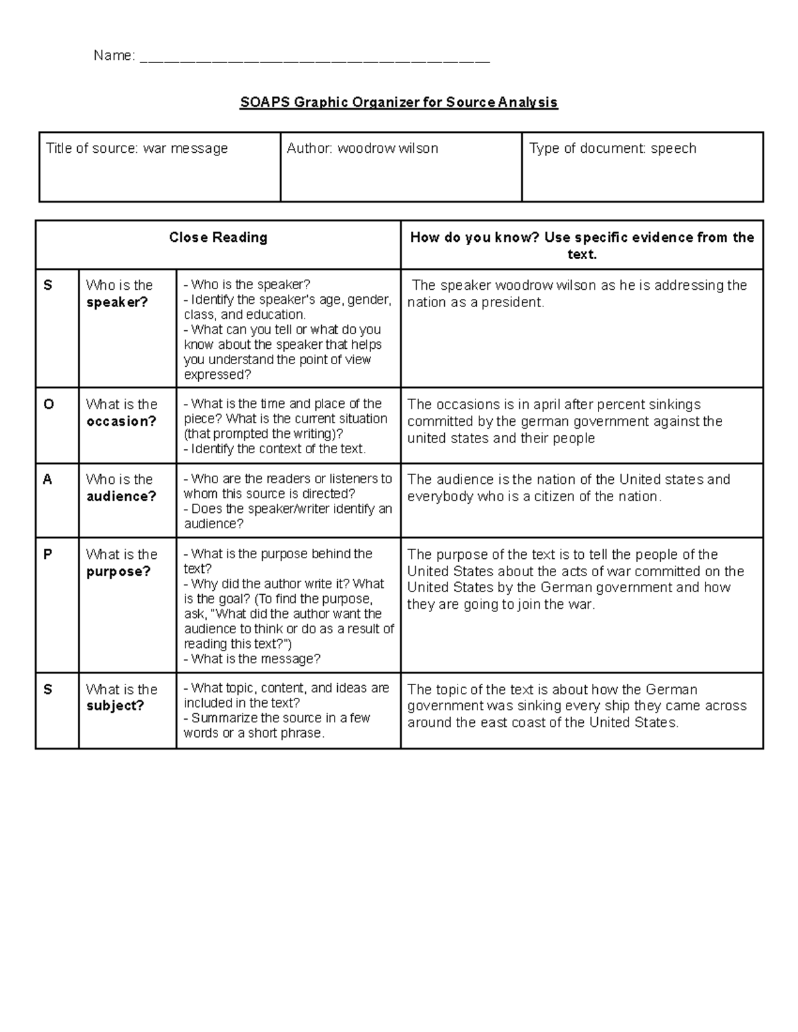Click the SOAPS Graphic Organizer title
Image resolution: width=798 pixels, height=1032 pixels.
click(x=398, y=102)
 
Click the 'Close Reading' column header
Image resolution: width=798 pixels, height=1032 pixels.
click(x=218, y=237)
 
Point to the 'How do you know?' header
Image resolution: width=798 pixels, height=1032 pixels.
click(x=582, y=245)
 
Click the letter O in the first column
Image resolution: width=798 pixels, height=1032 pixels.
click(x=49, y=405)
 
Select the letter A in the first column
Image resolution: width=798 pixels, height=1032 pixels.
click(x=48, y=479)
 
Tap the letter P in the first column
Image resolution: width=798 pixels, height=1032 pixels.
click(x=48, y=554)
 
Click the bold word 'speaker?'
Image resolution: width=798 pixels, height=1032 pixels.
click(x=117, y=302)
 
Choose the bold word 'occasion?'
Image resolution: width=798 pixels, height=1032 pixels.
click(x=121, y=421)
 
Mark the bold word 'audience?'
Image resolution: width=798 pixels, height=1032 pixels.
click(x=121, y=496)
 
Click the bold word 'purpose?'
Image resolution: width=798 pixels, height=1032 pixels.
click(x=118, y=571)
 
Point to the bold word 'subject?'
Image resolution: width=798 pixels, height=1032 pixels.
click(x=115, y=706)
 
